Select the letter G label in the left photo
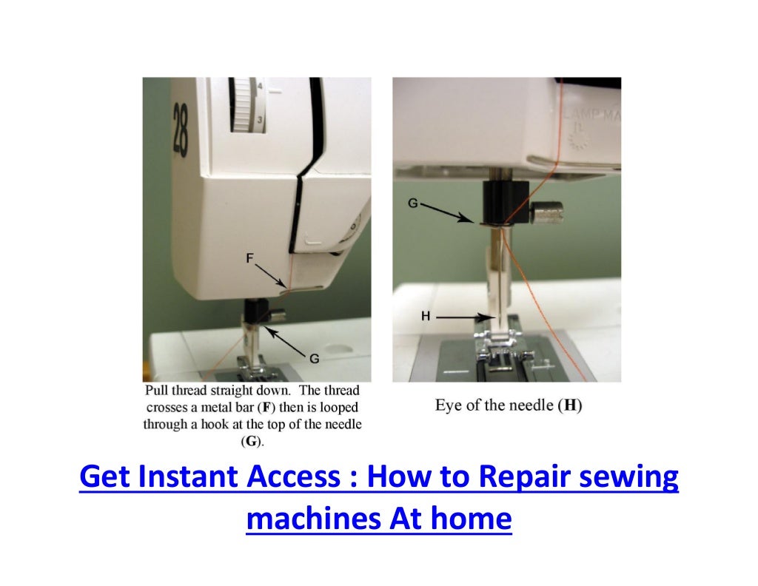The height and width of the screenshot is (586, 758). [314, 359]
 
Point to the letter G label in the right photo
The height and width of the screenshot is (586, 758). [414, 201]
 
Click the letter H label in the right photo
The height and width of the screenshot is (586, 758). [426, 316]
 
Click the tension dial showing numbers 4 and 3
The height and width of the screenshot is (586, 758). [244, 104]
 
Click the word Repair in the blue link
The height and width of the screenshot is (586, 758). [520, 477]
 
